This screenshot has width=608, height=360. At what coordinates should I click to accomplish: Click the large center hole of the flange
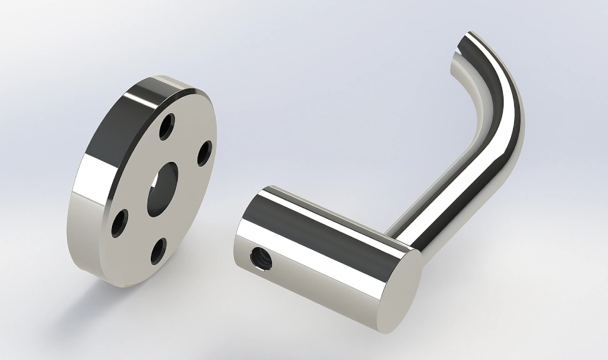point(163,189)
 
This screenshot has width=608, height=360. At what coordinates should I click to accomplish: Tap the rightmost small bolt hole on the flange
point(205,153)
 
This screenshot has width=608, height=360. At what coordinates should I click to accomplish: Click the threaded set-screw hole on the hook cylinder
point(258,257)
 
